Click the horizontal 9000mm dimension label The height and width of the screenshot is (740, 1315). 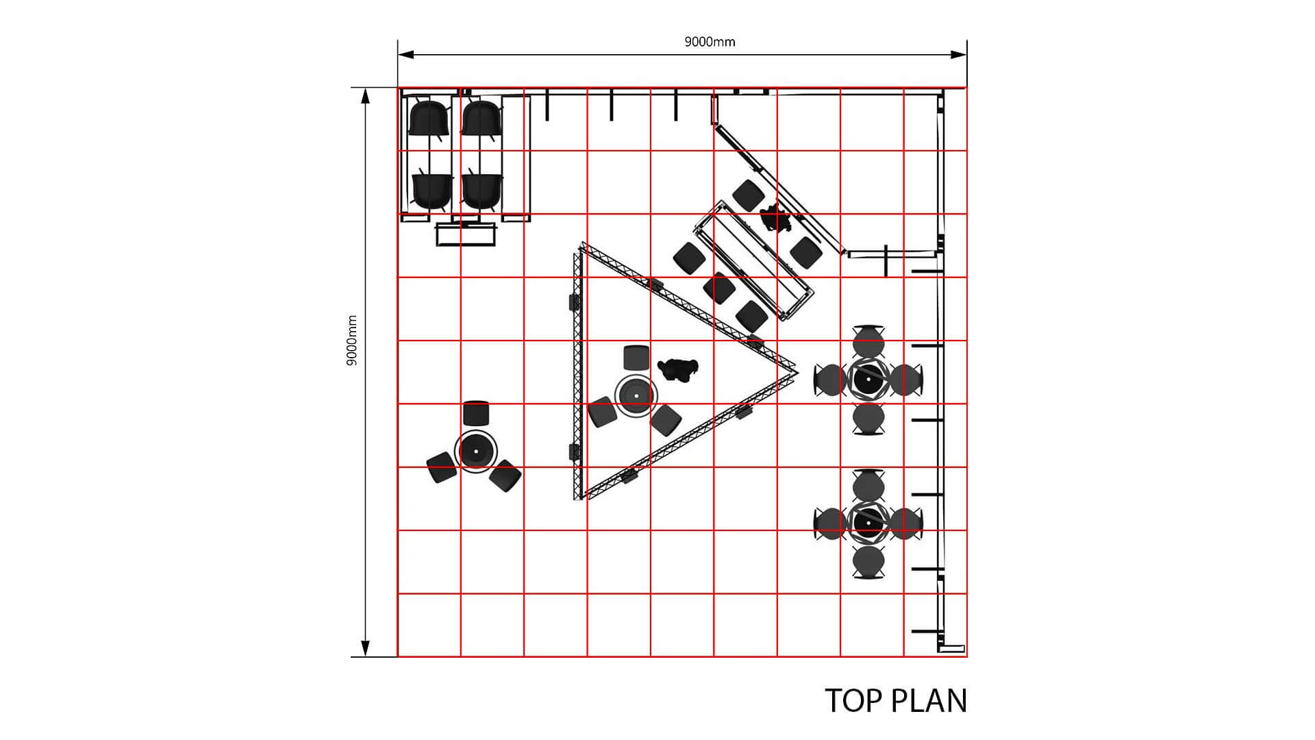coord(710,42)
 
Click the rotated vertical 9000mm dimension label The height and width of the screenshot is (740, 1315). coord(352,341)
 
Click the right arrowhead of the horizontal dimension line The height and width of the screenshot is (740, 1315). coord(959,54)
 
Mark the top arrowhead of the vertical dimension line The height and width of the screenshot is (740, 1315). coord(366,96)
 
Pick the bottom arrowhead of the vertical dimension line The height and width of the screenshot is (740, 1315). coord(366,648)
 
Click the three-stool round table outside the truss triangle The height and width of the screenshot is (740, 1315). coord(474,450)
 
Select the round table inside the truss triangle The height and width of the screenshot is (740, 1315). coord(636,395)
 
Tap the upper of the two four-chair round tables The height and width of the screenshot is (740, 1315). coord(868,379)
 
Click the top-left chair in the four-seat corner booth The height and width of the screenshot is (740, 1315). coord(429,119)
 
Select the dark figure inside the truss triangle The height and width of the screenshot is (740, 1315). coord(677,369)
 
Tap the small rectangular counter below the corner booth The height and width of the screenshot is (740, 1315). coord(466,234)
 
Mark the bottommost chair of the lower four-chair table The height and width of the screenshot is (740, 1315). coord(868,563)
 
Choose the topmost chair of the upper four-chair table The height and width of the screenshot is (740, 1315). coord(869,341)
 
